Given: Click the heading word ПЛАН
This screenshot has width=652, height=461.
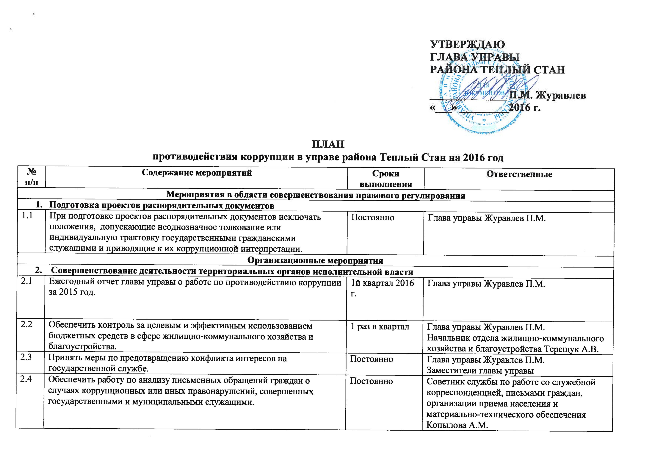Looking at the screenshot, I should point(328,144).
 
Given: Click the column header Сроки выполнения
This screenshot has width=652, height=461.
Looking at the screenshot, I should point(386,179).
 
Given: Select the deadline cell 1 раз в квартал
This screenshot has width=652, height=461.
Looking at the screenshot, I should point(380,327).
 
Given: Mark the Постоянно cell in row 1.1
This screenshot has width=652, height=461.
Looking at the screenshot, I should point(373,217).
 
